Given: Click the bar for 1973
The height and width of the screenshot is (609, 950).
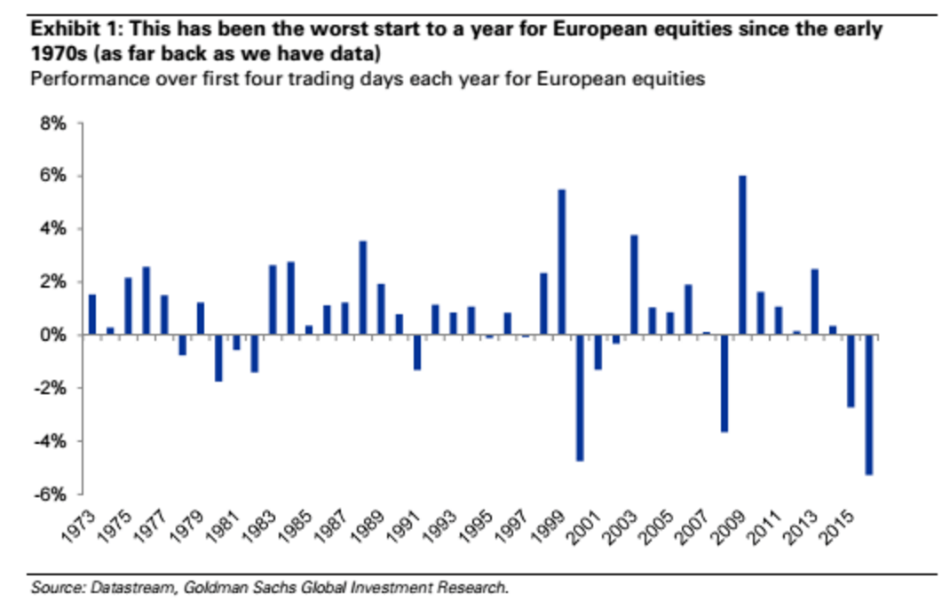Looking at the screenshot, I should click(x=92, y=315).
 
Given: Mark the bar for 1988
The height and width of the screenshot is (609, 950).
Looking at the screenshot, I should click(x=362, y=289).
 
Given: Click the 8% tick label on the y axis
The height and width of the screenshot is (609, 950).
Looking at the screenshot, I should click(x=52, y=124).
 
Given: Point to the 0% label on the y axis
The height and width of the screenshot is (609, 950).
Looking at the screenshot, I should click(x=52, y=336).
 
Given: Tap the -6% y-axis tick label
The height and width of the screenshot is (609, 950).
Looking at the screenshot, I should click(x=50, y=494).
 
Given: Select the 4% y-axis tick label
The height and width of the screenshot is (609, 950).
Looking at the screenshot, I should click(x=52, y=230).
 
